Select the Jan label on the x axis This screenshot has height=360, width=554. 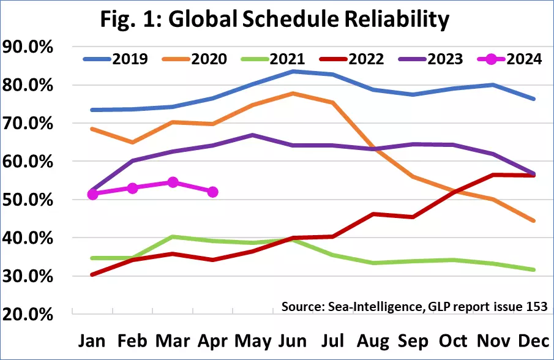[92, 340]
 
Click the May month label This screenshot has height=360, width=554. [252, 340]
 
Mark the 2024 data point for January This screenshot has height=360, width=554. [92, 194]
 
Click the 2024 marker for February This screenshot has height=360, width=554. [133, 188]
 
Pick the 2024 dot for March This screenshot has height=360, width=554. [173, 182]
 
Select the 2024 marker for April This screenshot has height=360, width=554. [213, 192]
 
